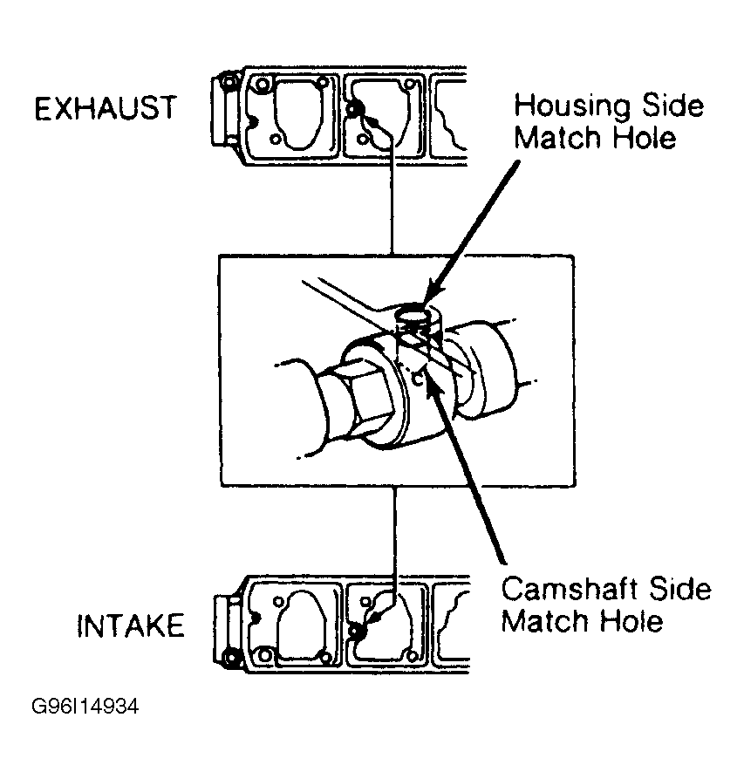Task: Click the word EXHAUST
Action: [105, 109]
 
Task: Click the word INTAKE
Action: [131, 626]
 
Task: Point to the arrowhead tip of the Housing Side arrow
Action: [424, 304]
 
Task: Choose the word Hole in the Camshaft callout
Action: [631, 621]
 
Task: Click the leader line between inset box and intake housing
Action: [397, 532]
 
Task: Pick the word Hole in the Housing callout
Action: [644, 139]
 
